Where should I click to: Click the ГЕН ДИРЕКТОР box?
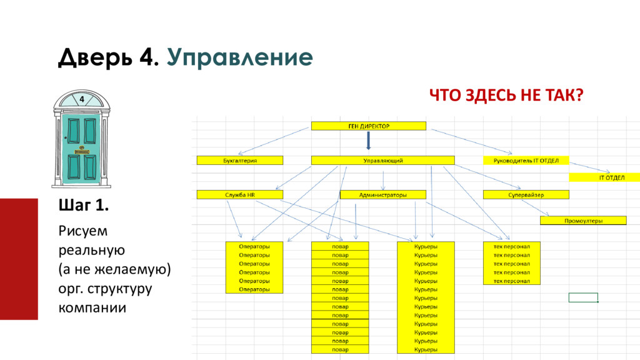pyautogui.click(x=368, y=126)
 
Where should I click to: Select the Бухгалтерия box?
pyautogui.click(x=240, y=161)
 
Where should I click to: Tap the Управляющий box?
pyautogui.click(x=383, y=161)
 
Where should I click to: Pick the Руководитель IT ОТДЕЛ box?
pyautogui.click(x=526, y=161)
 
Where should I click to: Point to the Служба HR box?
pyautogui.click(x=240, y=195)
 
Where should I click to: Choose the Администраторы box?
pyautogui.click(x=383, y=195)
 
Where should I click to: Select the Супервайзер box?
pyautogui.click(x=526, y=195)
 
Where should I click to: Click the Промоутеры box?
pyautogui.click(x=582, y=221)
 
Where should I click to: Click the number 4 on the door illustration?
pyautogui.click(x=81, y=99)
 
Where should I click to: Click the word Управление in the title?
pyautogui.click(x=239, y=57)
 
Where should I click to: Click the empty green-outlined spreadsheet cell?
pyautogui.click(x=583, y=297)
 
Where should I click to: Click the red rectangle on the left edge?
pyautogui.click(x=19, y=259)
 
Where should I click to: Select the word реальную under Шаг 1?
pyautogui.click(x=92, y=250)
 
